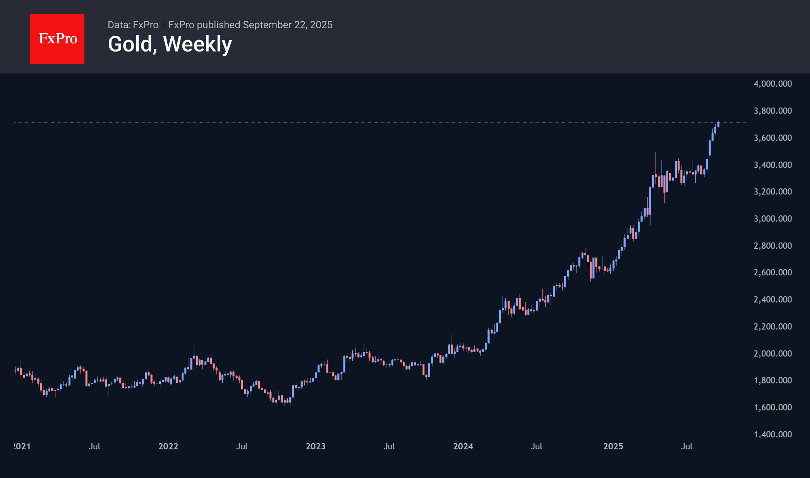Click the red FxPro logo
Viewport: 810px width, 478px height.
pos(57,39)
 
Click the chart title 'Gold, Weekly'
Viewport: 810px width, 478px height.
pos(170,44)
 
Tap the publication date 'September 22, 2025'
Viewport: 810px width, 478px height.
pos(288,25)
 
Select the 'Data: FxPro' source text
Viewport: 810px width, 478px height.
pos(133,25)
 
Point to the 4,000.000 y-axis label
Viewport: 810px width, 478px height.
pos(772,84)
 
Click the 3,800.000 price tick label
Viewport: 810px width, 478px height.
pos(772,111)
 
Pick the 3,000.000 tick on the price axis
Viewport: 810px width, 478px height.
pos(772,218)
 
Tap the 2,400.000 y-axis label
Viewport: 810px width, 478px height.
pos(772,299)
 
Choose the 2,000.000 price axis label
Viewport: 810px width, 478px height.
pos(772,353)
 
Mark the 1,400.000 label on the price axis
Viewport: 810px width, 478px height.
pos(772,434)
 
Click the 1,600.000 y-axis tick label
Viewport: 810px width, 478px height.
pos(772,407)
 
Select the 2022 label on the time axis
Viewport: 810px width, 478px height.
pos(168,446)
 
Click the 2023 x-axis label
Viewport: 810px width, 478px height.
pos(316,446)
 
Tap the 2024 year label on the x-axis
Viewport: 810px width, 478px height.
pos(463,446)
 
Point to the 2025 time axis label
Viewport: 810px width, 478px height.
pos(613,446)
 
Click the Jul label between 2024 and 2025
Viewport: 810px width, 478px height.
pos(537,446)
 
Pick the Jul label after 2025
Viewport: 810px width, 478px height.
pos(687,446)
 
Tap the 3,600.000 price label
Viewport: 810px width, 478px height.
pos(772,138)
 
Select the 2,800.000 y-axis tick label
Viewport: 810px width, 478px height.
pos(772,246)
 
